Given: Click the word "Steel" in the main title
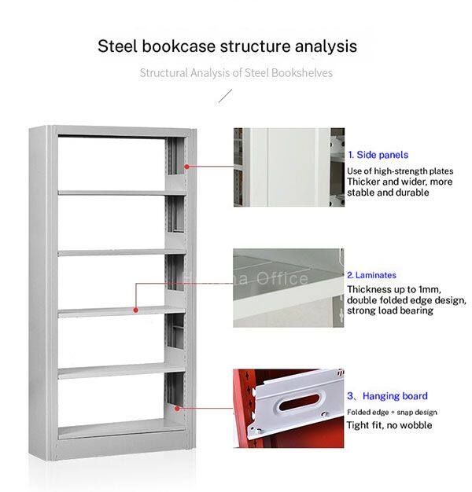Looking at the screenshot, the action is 117,46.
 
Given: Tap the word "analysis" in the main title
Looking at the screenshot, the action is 326,46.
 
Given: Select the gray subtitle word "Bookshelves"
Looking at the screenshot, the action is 302,73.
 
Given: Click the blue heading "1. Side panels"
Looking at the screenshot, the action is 378,155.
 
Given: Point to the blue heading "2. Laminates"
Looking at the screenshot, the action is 371,275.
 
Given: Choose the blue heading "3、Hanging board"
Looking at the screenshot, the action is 387,396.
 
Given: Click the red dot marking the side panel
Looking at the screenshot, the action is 186,167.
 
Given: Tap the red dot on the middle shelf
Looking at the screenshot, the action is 135,310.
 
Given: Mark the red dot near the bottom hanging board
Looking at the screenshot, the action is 177,408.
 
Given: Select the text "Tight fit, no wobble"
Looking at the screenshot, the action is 389,425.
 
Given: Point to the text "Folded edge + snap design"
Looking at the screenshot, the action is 392,413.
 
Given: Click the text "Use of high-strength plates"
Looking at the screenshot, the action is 400,171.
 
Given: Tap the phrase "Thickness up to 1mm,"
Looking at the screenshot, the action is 394,289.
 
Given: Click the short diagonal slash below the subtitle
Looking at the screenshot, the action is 225,96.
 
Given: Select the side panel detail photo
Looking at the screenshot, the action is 289,167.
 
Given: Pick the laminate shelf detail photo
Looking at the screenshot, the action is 288,288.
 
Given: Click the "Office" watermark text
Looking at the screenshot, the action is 282,279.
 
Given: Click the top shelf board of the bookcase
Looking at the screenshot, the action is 122,193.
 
